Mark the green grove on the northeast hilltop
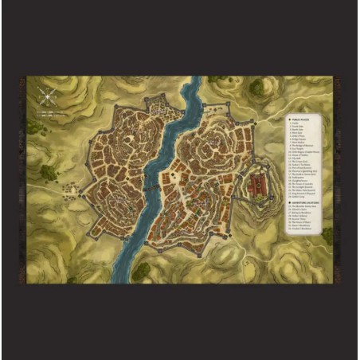pos(256,86)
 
